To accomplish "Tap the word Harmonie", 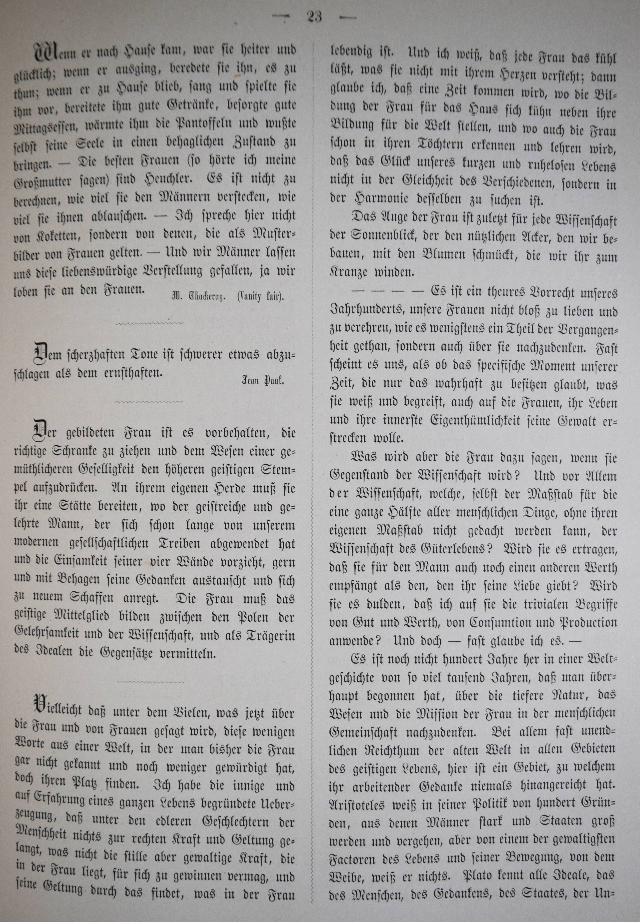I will pyautogui.click(x=377, y=199).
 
